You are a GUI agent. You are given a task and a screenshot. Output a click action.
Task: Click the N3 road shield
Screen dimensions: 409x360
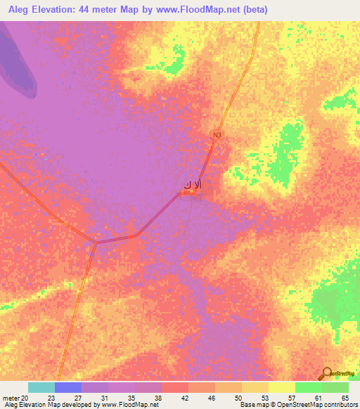(x=217, y=134)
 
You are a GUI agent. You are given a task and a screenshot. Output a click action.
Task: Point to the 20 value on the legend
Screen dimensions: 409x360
(x=25, y=398)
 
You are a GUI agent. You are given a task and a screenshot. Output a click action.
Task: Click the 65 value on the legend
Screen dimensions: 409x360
(x=345, y=398)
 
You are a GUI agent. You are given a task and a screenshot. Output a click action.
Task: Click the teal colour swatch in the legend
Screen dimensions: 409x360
(x=41, y=387)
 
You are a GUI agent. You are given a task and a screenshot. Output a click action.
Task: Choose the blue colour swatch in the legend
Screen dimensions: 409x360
(x=68, y=387)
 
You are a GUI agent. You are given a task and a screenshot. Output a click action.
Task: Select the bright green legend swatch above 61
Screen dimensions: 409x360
(x=308, y=387)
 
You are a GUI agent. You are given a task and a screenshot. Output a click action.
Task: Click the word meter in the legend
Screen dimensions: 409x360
(x=11, y=398)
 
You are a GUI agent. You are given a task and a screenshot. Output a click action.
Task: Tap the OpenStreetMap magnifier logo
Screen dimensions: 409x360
(x=326, y=374)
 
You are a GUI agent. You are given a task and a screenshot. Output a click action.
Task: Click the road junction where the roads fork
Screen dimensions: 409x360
(x=96, y=242)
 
